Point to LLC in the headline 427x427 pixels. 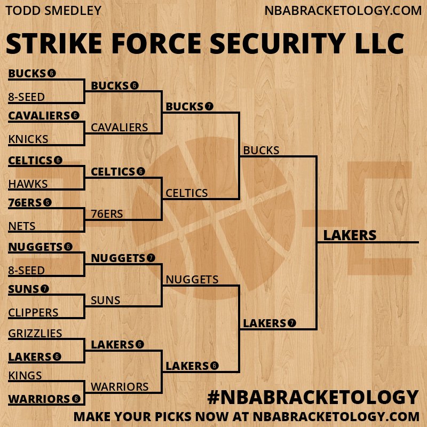click(x=379, y=44)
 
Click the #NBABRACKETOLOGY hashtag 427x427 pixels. click(x=312, y=397)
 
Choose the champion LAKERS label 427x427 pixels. click(x=350, y=235)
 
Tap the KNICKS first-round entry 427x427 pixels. click(x=28, y=139)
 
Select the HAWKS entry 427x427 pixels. click(x=28, y=184)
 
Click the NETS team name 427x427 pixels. click(x=22, y=226)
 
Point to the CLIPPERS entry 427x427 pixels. click(x=33, y=312)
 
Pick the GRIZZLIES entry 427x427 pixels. click(x=35, y=334)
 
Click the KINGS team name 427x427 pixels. click(x=25, y=376)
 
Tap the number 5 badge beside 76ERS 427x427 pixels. click(x=48, y=203)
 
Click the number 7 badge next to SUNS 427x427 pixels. click(x=45, y=289)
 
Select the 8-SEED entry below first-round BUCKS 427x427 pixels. click(x=26, y=97)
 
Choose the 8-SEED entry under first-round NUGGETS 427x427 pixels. click(x=26, y=270)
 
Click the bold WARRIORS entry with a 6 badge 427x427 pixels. click(x=39, y=399)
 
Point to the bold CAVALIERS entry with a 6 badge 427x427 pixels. click(x=39, y=115)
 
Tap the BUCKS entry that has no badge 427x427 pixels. click(x=261, y=151)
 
